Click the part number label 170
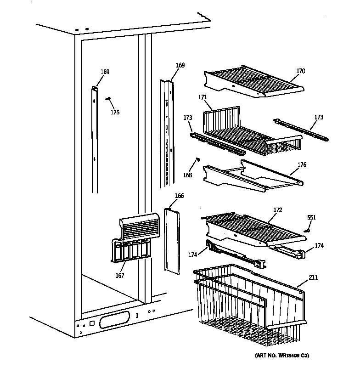[x=300, y=71]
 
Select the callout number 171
[x=202, y=97]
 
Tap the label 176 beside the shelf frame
[x=302, y=165]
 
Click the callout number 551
[x=311, y=217]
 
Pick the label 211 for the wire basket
[x=313, y=277]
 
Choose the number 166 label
[x=179, y=196]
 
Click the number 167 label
[x=119, y=276]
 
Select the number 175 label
[x=115, y=113]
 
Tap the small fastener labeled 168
[x=198, y=159]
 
